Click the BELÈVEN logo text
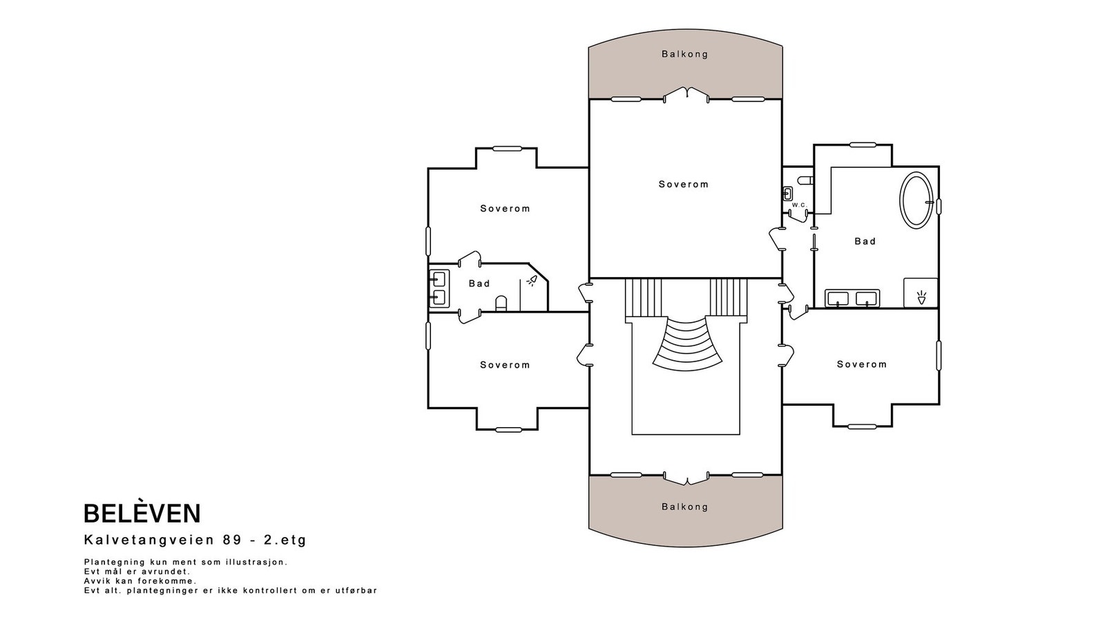pyautogui.click(x=142, y=513)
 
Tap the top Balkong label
pyautogui.click(x=684, y=55)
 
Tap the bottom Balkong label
pyautogui.click(x=684, y=507)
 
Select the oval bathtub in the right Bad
pyautogui.click(x=916, y=200)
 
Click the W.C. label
pyautogui.click(x=799, y=205)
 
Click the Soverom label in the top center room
pyautogui.click(x=684, y=184)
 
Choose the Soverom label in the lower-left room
pyautogui.click(x=505, y=365)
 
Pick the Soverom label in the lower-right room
pyautogui.click(x=862, y=364)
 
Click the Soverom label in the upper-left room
pyautogui.click(x=505, y=208)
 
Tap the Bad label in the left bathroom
pyautogui.click(x=479, y=283)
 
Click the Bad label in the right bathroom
pyautogui.click(x=865, y=241)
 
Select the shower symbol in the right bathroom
pyautogui.click(x=921, y=297)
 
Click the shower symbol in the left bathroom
pyautogui.click(x=532, y=281)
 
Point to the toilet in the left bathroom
pyautogui.click(x=501, y=303)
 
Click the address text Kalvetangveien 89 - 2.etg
pyautogui.click(x=195, y=540)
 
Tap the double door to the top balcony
pyautogui.click(x=686, y=95)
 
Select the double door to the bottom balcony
pyautogui.click(x=686, y=478)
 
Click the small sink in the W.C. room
pyautogui.click(x=787, y=193)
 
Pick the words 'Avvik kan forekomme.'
pyautogui.click(x=140, y=581)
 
